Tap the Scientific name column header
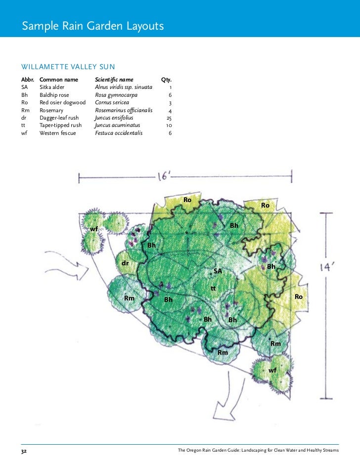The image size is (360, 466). [x=117, y=79]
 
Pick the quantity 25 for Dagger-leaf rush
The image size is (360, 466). [x=169, y=118]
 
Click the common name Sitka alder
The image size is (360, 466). [x=52, y=87]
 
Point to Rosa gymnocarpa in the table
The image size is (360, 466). [x=116, y=95]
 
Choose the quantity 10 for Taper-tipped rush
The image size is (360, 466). [x=169, y=126]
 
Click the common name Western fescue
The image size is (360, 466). [x=58, y=133]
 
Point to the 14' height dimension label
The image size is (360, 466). [x=328, y=267]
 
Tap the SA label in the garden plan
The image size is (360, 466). [x=218, y=271]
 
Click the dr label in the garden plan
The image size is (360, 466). [x=126, y=263]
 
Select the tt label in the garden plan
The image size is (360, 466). [x=213, y=288]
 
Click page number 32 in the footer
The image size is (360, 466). [x=24, y=451]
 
